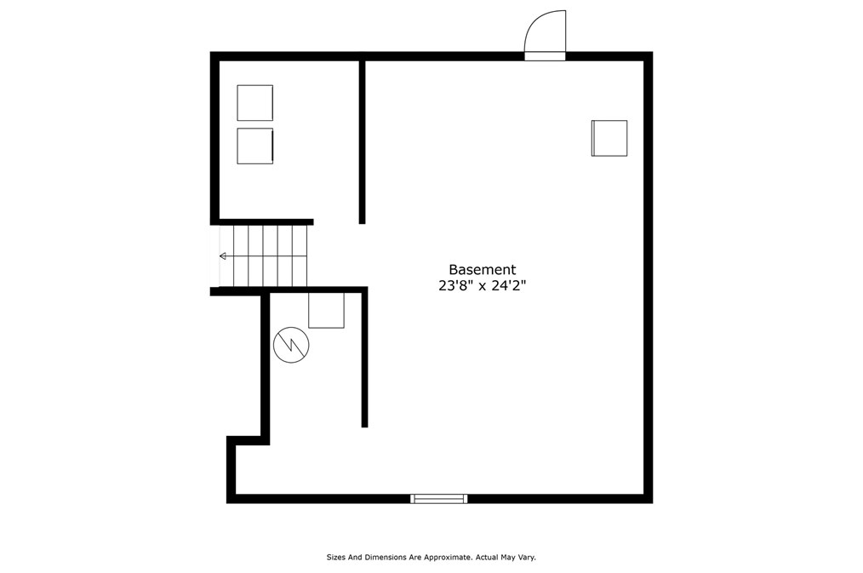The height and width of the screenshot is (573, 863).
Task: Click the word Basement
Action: tap(482, 270)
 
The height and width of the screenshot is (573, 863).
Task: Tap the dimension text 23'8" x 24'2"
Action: tap(482, 287)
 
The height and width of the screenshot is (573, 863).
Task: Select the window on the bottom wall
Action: tap(439, 498)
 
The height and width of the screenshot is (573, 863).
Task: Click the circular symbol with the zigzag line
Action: tap(291, 346)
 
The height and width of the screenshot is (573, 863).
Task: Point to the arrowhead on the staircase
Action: tap(222, 255)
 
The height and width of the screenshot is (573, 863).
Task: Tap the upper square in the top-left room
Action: tap(254, 102)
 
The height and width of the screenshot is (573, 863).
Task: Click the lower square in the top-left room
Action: tap(254, 146)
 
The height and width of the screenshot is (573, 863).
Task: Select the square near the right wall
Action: tap(609, 138)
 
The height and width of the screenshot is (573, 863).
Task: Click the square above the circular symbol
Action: tap(326, 310)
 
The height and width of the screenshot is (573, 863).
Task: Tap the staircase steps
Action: tap(264, 255)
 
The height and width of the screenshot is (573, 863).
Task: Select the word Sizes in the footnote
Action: tap(336, 558)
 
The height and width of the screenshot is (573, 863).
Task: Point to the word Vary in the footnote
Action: tap(525, 558)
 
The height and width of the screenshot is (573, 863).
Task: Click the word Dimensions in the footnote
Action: tap(383, 558)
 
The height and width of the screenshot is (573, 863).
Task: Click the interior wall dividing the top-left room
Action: tap(362, 140)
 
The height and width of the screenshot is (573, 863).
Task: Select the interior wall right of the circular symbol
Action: tap(364, 358)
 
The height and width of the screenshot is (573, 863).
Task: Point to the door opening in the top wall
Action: tap(545, 56)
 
